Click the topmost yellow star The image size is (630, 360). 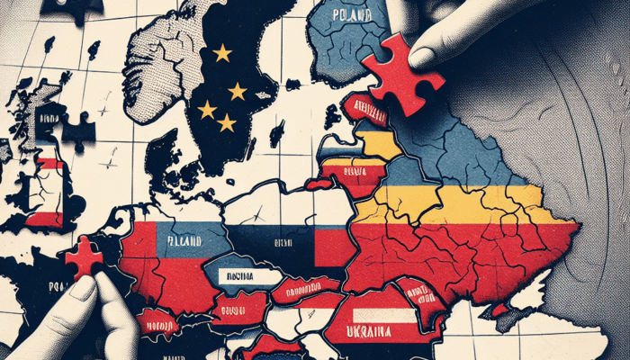coord(221,53)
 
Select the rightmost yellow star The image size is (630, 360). coord(238,91)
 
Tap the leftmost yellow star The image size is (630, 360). coord(207,109)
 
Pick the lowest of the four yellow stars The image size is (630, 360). coord(227,121)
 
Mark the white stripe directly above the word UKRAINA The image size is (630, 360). coord(383,314)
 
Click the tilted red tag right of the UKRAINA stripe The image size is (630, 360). coord(418,293)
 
